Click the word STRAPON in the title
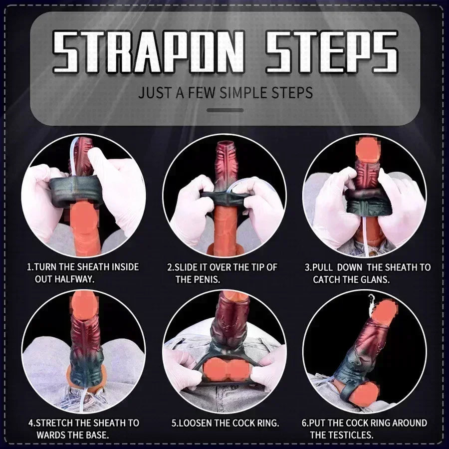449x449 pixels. pyautogui.click(x=148, y=51)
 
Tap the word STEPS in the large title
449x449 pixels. pyautogui.click(x=331, y=51)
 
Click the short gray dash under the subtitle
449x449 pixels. pyautogui.click(x=225, y=110)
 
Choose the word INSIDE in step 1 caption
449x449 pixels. pyautogui.click(x=125, y=267)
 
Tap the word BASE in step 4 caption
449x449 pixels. pyautogui.click(x=98, y=435)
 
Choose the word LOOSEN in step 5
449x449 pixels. pyautogui.click(x=194, y=423)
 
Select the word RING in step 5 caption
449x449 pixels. pyautogui.click(x=268, y=423)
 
